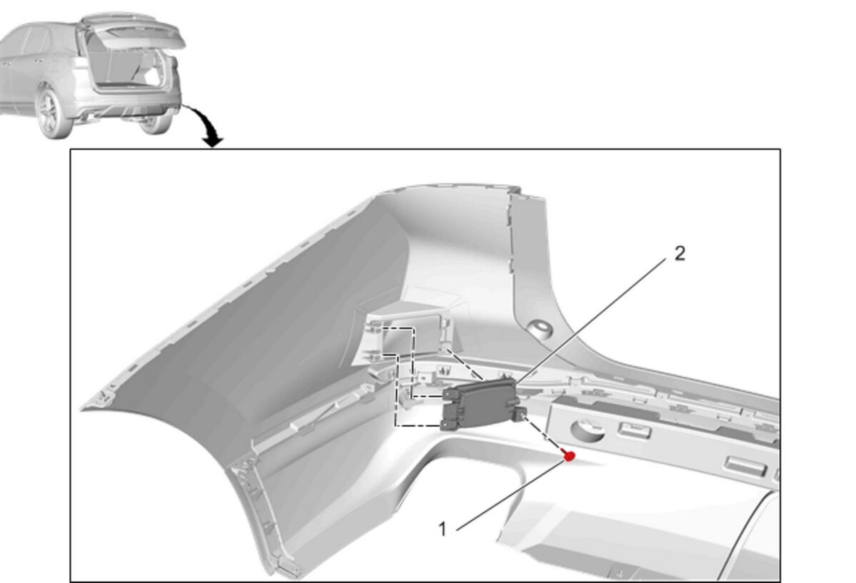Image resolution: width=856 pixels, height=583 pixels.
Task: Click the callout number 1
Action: click(443, 529)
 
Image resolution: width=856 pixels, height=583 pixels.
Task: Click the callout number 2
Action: click(680, 253)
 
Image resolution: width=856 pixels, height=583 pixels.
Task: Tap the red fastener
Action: click(569, 455)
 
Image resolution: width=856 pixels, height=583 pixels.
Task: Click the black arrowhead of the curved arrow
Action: click(212, 141)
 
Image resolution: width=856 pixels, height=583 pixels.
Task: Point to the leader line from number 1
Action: click(510, 495)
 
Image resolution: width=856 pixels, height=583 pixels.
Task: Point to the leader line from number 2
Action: click(590, 320)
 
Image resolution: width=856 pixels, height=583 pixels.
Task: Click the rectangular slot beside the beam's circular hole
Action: click(634, 430)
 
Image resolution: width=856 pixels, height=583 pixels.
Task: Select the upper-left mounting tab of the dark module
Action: click(449, 392)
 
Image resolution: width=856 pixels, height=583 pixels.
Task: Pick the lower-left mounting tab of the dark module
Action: click(448, 424)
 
